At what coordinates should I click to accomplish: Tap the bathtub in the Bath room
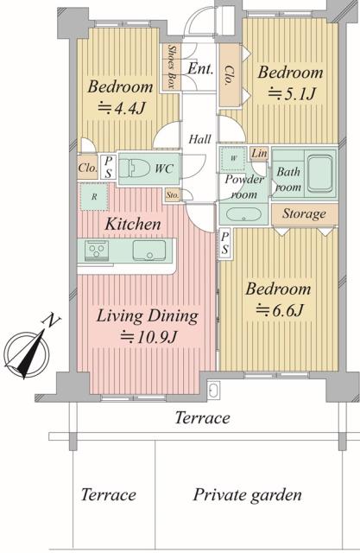click(319, 174)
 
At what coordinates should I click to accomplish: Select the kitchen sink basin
click(149, 251)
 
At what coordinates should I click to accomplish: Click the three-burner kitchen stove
click(97, 251)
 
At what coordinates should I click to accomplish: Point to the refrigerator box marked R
click(94, 197)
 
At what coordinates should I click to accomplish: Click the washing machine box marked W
click(233, 159)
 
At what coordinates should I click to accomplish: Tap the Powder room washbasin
click(243, 214)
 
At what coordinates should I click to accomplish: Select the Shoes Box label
click(171, 67)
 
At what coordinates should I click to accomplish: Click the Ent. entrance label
click(200, 68)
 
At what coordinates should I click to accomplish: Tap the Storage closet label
click(304, 213)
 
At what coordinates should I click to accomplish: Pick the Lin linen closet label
click(259, 154)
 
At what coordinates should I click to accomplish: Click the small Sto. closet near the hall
click(173, 195)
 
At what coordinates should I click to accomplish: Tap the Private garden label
click(247, 495)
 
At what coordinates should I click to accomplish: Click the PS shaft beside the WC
click(109, 167)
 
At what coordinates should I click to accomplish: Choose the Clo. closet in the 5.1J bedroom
click(230, 75)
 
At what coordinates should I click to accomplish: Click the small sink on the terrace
click(213, 390)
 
